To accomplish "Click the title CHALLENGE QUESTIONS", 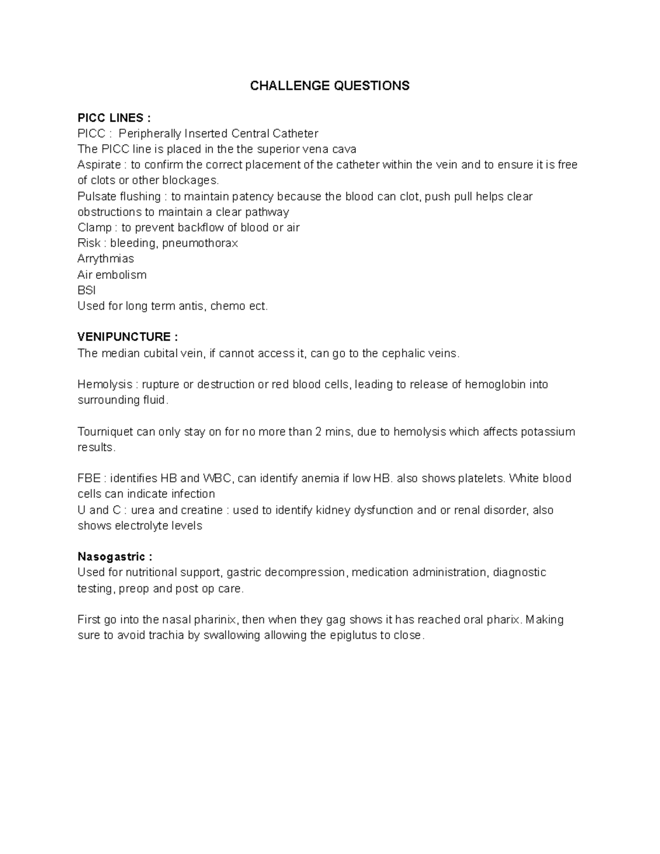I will [329, 86].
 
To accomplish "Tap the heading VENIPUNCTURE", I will [128, 337].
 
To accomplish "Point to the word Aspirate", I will [99, 165].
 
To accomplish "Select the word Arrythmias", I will [106, 258].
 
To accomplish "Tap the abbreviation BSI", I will [87, 290].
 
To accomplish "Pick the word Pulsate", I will [97, 196].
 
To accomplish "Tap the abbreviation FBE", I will [88, 478].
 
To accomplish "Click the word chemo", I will [228, 306].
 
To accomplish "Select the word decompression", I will [306, 572].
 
